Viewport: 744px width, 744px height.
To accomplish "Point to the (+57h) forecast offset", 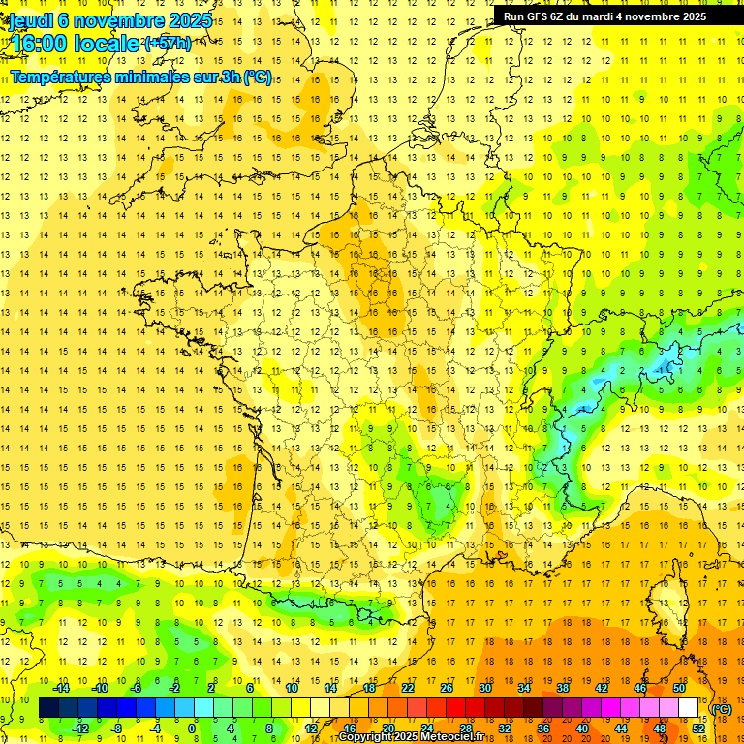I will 168,43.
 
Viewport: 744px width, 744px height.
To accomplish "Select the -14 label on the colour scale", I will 61,688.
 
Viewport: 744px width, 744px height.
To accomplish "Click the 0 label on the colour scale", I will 191,728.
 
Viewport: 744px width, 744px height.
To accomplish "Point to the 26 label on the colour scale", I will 447,688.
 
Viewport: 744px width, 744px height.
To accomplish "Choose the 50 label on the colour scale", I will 679,688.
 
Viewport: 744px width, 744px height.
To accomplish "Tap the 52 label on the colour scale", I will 698,728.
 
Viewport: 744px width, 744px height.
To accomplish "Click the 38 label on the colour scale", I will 563,688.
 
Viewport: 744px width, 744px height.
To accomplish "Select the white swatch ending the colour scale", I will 689,708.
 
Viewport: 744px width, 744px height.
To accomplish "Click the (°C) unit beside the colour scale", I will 722,708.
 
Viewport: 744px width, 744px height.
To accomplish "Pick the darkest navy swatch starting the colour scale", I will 48,708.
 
